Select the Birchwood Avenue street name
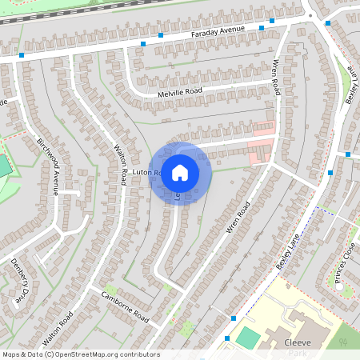pos(47,166)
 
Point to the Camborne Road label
pos(126,306)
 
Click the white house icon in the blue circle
pos(180,172)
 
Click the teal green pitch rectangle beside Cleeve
pos(248,338)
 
